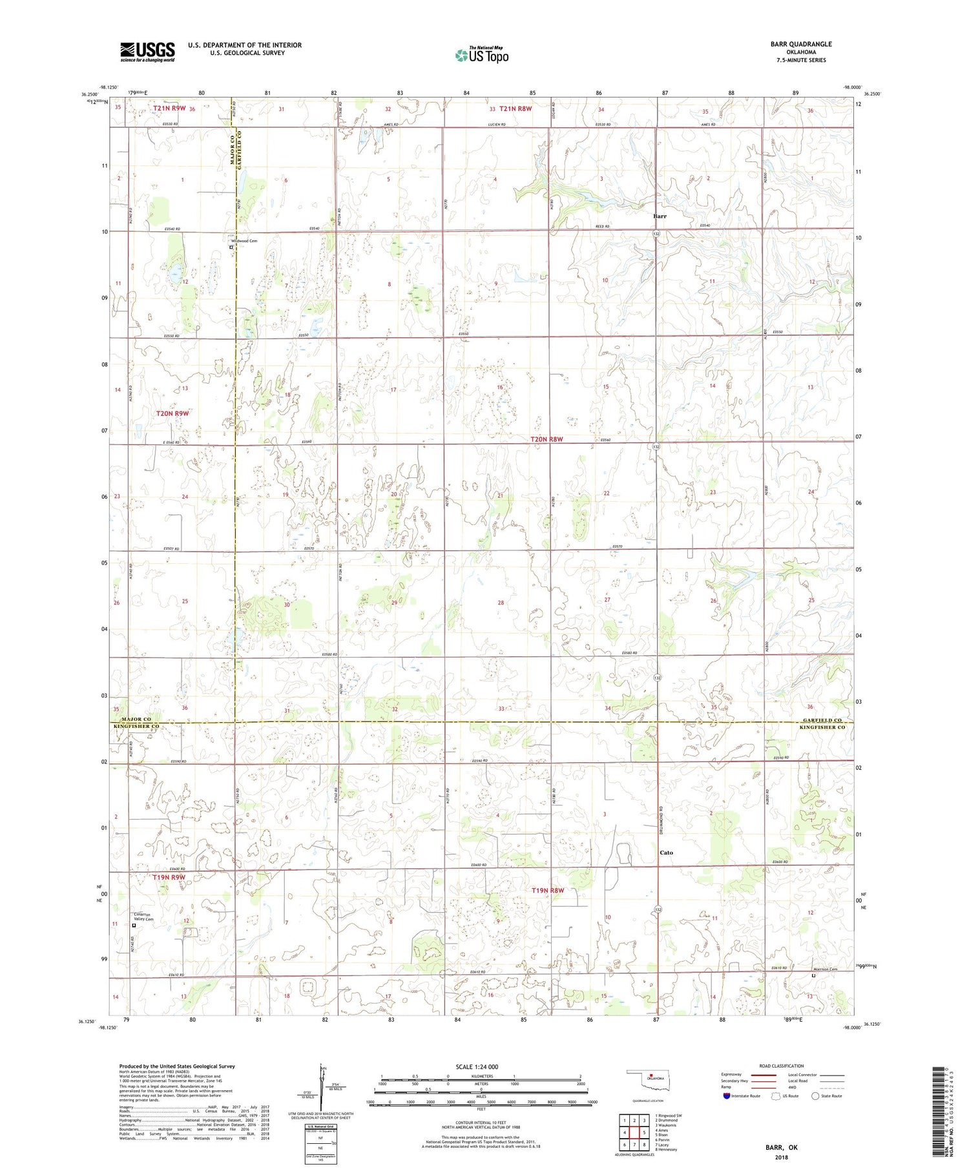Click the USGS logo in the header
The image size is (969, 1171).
pyautogui.click(x=147, y=51)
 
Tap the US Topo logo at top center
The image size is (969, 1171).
pyautogui.click(x=481, y=55)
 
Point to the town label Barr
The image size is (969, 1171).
pyautogui.click(x=660, y=216)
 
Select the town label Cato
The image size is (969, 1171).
pyautogui.click(x=666, y=853)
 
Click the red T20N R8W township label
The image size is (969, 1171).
pyautogui.click(x=547, y=439)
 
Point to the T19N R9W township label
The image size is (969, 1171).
pyautogui.click(x=169, y=877)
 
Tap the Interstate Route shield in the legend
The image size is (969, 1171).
pyautogui.click(x=727, y=1096)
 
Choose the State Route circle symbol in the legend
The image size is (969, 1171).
pyautogui.click(x=815, y=1096)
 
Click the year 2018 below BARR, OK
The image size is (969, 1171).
pyautogui.click(x=783, y=1156)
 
